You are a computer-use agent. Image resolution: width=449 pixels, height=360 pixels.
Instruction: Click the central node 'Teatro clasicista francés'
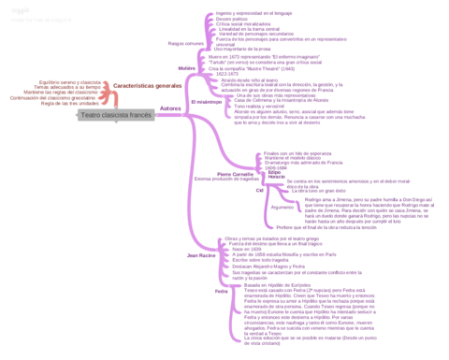(116, 114)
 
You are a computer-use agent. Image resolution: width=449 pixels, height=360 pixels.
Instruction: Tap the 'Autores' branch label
(170, 109)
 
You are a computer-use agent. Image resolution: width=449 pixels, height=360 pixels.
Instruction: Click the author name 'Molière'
(185, 68)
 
